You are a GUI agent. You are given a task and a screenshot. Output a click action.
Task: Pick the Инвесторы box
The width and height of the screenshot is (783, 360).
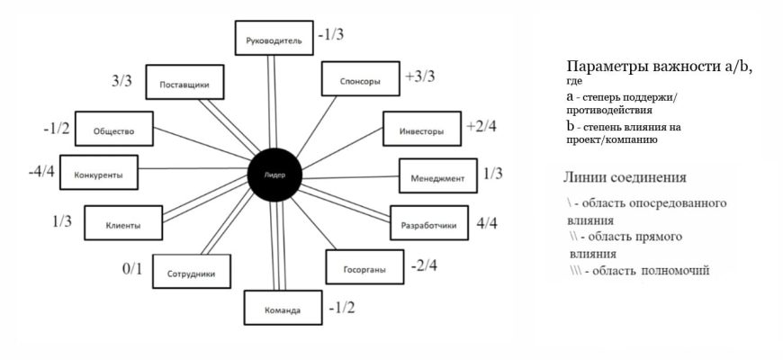click(x=421, y=130)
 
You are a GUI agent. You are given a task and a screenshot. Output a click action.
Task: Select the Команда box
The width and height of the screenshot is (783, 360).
click(x=283, y=310)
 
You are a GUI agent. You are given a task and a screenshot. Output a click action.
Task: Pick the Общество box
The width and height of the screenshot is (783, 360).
click(x=112, y=130)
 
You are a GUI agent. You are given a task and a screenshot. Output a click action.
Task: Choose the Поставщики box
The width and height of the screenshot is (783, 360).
click(x=184, y=84)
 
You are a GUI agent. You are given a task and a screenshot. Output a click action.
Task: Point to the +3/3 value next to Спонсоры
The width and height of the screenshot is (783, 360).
click(x=420, y=76)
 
